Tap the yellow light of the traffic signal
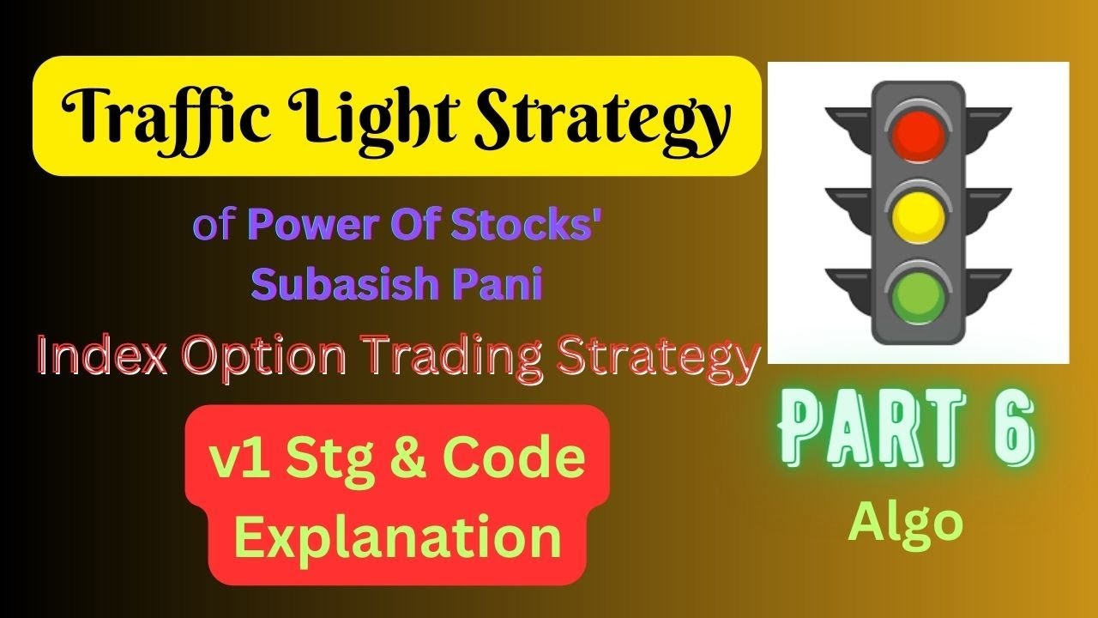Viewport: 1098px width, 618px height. click(x=918, y=215)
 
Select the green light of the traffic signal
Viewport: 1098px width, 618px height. click(x=918, y=294)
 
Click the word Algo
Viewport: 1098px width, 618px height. click(x=906, y=521)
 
